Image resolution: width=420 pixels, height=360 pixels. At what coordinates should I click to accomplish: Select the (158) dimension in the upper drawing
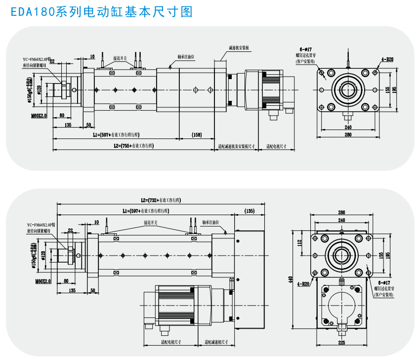click(x=197, y=135)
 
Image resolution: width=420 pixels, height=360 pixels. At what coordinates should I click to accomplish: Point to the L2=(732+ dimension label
click(x=161, y=200)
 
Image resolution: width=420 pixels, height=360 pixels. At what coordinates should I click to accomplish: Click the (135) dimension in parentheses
click(x=250, y=212)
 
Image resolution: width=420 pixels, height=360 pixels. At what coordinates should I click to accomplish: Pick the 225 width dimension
click(x=342, y=342)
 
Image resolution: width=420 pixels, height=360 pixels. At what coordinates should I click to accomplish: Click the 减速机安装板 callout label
click(x=239, y=48)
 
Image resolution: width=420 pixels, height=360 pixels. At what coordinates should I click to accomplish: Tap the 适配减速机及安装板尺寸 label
click(x=236, y=146)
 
